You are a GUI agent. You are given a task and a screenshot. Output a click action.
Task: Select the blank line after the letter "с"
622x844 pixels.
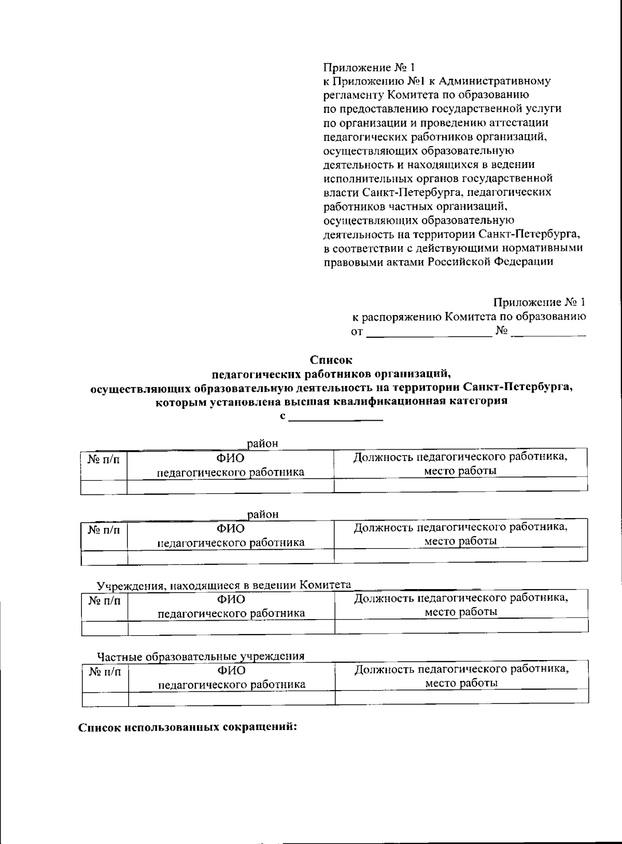coord(335,418)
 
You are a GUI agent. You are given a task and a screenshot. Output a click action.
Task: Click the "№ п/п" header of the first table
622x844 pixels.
coord(104,459)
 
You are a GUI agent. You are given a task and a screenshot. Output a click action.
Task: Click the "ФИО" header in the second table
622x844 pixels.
coord(231,528)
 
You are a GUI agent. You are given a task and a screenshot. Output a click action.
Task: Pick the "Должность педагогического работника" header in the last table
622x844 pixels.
coord(461,669)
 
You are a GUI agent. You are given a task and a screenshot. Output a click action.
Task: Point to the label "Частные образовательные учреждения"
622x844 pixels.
coord(201,656)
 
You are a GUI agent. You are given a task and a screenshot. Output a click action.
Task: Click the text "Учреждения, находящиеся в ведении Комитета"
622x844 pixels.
coord(224,585)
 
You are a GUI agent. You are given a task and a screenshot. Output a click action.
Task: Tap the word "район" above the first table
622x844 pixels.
coord(262,444)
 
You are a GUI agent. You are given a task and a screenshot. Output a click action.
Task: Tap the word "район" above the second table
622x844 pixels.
coord(263,514)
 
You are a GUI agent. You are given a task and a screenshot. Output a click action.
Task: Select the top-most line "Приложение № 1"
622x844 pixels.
coord(369,68)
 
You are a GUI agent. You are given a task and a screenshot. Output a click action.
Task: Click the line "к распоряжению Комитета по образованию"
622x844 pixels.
coord(469,317)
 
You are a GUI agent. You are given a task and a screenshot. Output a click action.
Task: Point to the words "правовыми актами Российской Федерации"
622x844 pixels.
coord(438,262)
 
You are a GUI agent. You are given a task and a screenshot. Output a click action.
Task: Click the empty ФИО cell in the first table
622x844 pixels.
coord(231,486)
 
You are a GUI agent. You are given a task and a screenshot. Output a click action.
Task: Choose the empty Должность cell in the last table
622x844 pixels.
coord(461,697)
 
